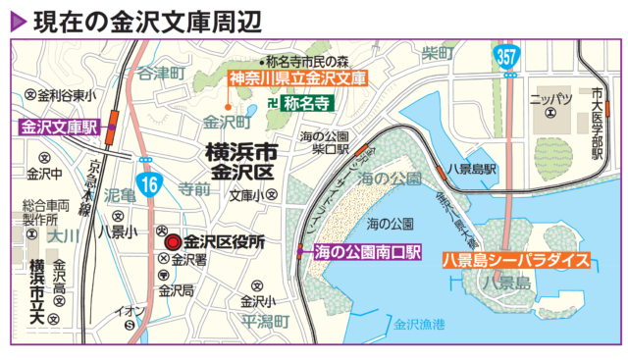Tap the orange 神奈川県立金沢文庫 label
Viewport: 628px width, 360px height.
pyautogui.click(x=297, y=77)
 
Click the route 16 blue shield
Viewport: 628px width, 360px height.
pyautogui.click(x=149, y=183)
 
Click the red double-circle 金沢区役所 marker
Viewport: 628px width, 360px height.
pyautogui.click(x=173, y=241)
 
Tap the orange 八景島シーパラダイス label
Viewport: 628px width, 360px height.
pyautogui.click(x=514, y=260)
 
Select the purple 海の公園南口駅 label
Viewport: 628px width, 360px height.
pyautogui.click(x=366, y=253)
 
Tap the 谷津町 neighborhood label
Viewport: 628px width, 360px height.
pyautogui.click(x=161, y=73)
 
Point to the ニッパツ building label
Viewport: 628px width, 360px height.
pyautogui.click(x=549, y=99)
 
